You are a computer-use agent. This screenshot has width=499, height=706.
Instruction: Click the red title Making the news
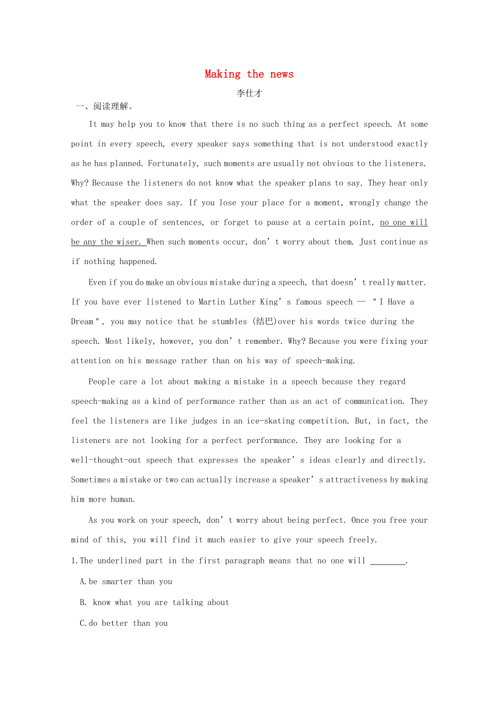[x=249, y=74]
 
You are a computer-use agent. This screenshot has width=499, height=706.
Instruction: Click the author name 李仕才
[x=249, y=93]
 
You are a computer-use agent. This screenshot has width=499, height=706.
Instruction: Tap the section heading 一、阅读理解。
[x=105, y=106]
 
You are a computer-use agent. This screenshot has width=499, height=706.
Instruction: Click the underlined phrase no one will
[x=404, y=222]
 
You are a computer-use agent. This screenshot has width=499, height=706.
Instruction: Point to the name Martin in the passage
[x=212, y=302]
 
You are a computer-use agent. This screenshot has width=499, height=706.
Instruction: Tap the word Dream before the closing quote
[x=82, y=322]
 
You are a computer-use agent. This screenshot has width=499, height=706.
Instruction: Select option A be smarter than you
[x=126, y=582]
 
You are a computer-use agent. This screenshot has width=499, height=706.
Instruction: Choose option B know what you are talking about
[x=155, y=602]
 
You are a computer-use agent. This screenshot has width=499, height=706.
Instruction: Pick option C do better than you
[x=124, y=623]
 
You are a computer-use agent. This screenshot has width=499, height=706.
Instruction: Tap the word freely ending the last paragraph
[x=362, y=540]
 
